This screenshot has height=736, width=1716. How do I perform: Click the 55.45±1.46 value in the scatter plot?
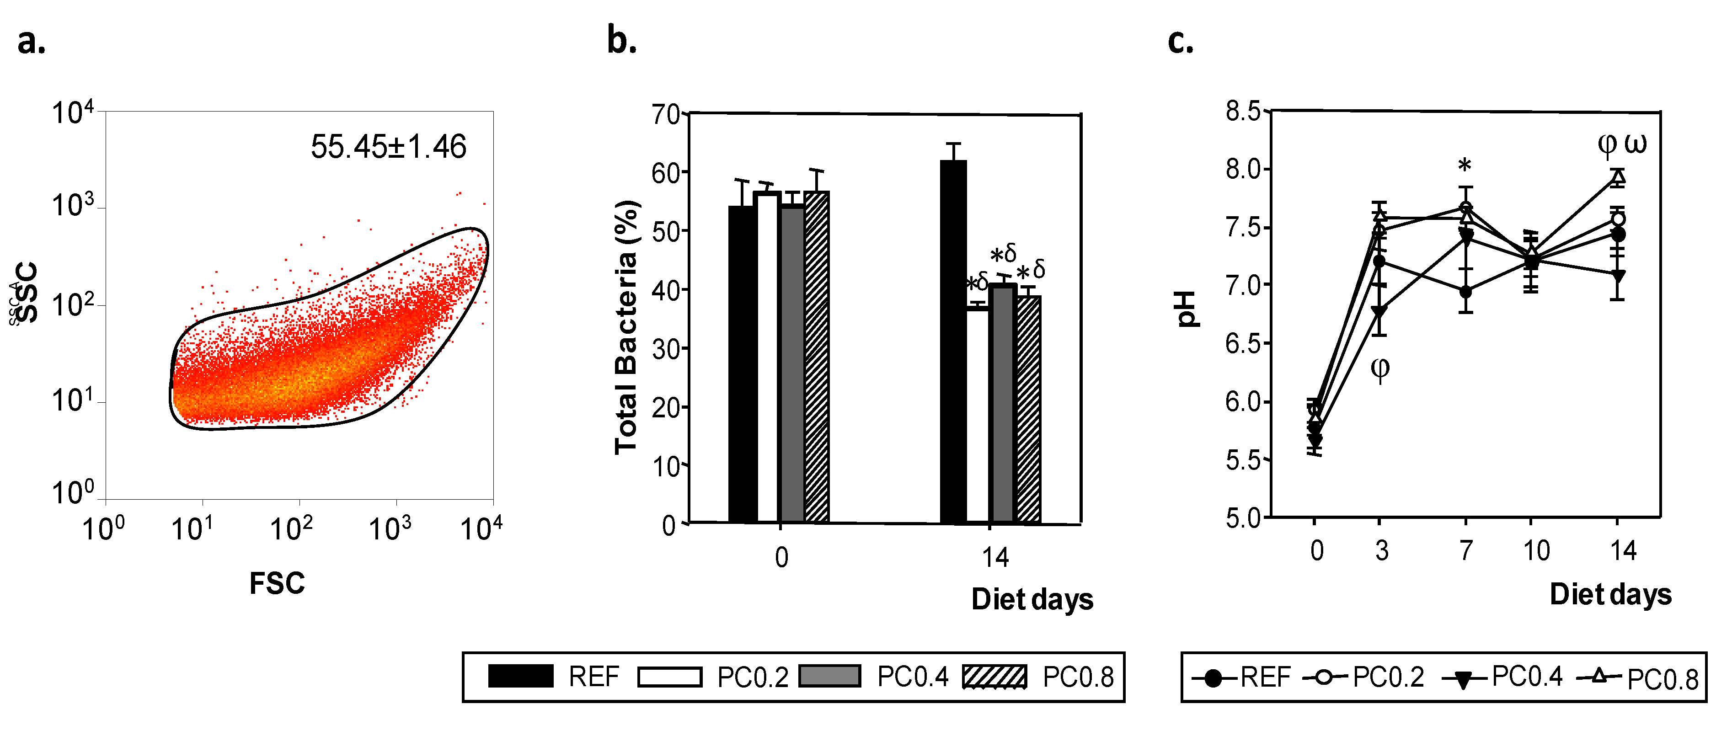click(x=388, y=147)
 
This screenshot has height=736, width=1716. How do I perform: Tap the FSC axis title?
click(x=277, y=583)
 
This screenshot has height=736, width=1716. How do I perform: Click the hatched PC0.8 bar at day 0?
click(x=817, y=357)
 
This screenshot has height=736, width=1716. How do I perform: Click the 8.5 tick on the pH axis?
click(x=1243, y=111)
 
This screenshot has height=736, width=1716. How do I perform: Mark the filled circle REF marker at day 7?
click(x=1465, y=292)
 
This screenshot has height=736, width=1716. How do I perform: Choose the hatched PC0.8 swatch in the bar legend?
click(x=994, y=677)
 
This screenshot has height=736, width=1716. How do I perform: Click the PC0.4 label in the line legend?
click(x=1527, y=677)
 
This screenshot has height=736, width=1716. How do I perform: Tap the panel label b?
click(x=621, y=40)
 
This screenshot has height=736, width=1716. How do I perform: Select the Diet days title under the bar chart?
click(x=1032, y=599)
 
